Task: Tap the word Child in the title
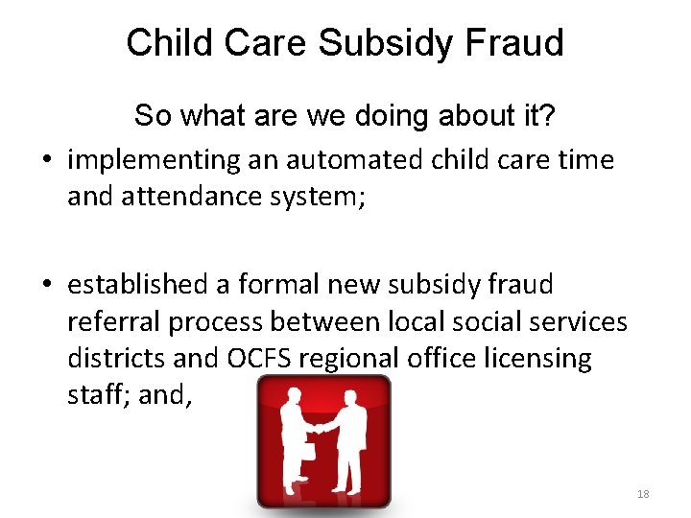point(166,43)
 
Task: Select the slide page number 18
point(643,494)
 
